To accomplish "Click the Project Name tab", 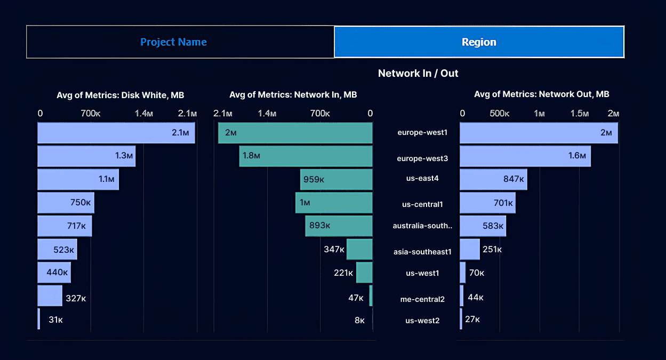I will (173, 42).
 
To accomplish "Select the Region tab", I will (479, 42).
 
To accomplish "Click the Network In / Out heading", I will (418, 74).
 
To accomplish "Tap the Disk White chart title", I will (121, 95).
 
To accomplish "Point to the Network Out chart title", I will (541, 94).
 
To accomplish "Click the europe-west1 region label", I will (422, 132).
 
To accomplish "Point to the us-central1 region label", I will (422, 204).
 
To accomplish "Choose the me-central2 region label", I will (422, 299).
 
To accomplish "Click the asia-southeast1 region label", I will (422, 252).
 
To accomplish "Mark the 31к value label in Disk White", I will (56, 320).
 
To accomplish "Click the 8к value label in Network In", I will (359, 320).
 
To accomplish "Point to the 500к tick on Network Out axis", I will (500, 114).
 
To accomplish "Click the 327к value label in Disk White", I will (75, 298).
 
